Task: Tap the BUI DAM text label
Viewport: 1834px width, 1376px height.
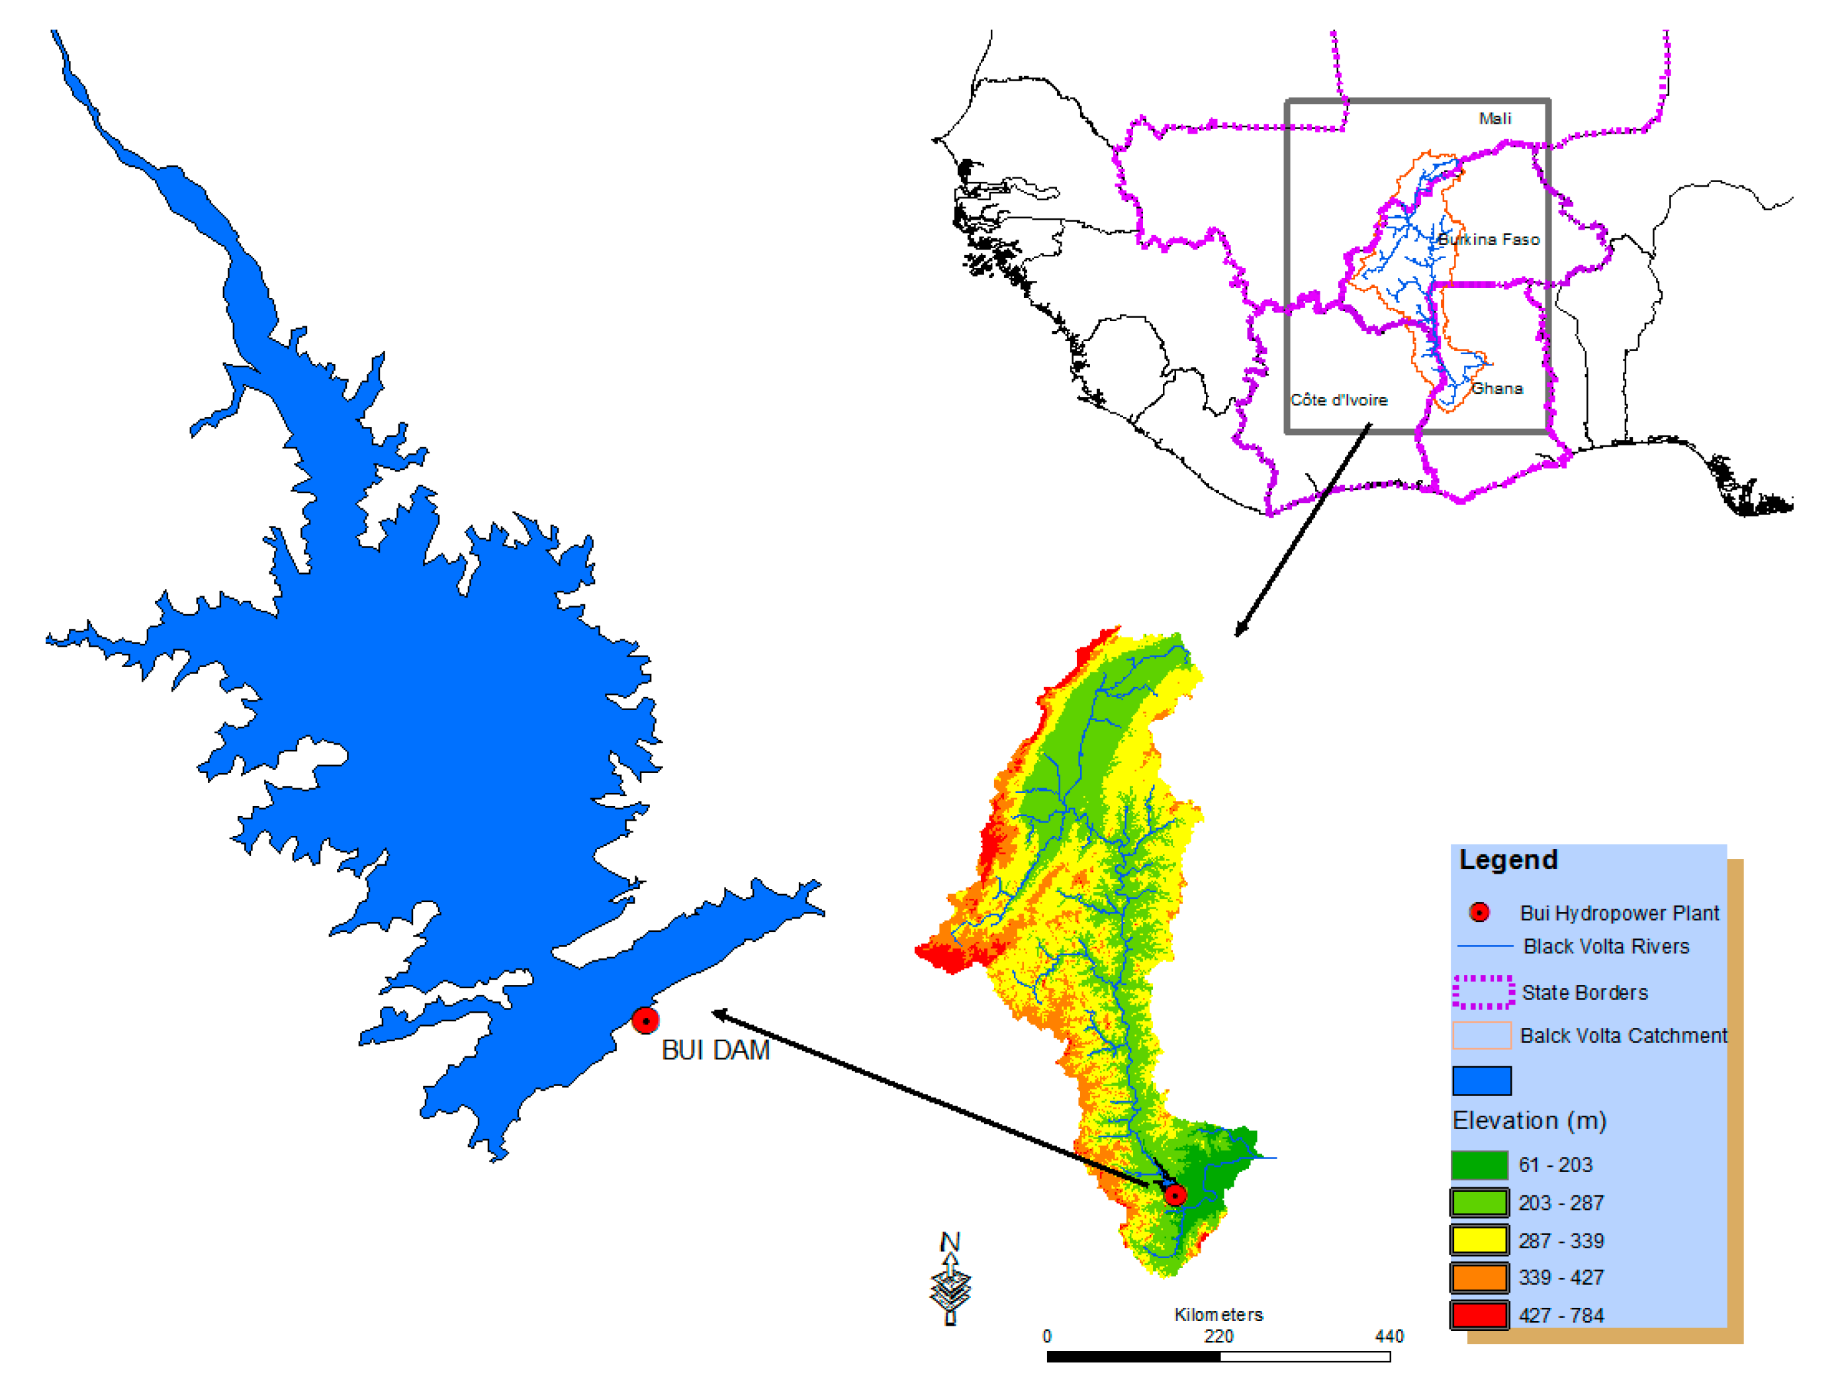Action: pyautogui.click(x=715, y=1050)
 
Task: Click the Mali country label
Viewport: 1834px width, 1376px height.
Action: pyautogui.click(x=1495, y=118)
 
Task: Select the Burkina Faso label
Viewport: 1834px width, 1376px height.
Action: pyautogui.click(x=1489, y=240)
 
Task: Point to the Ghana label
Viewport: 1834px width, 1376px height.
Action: pyautogui.click(x=1496, y=388)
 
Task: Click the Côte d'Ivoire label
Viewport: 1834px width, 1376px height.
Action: pyautogui.click(x=1338, y=400)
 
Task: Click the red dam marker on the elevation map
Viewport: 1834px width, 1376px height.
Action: pyautogui.click(x=1175, y=1195)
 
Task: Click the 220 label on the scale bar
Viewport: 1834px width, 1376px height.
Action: pyautogui.click(x=1218, y=1336)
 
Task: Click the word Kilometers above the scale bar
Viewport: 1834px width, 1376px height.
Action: pyautogui.click(x=1218, y=1314)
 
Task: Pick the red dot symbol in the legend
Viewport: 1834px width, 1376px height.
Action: pyautogui.click(x=1479, y=913)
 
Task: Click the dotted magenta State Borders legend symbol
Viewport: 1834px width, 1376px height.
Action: pyautogui.click(x=1483, y=991)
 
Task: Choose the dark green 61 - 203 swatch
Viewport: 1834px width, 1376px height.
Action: pyautogui.click(x=1479, y=1165)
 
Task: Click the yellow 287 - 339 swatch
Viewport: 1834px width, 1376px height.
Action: pyautogui.click(x=1479, y=1240)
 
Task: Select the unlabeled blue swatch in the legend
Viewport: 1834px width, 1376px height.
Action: pyautogui.click(x=1482, y=1080)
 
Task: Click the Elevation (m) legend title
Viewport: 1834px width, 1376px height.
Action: pyautogui.click(x=1529, y=1121)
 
